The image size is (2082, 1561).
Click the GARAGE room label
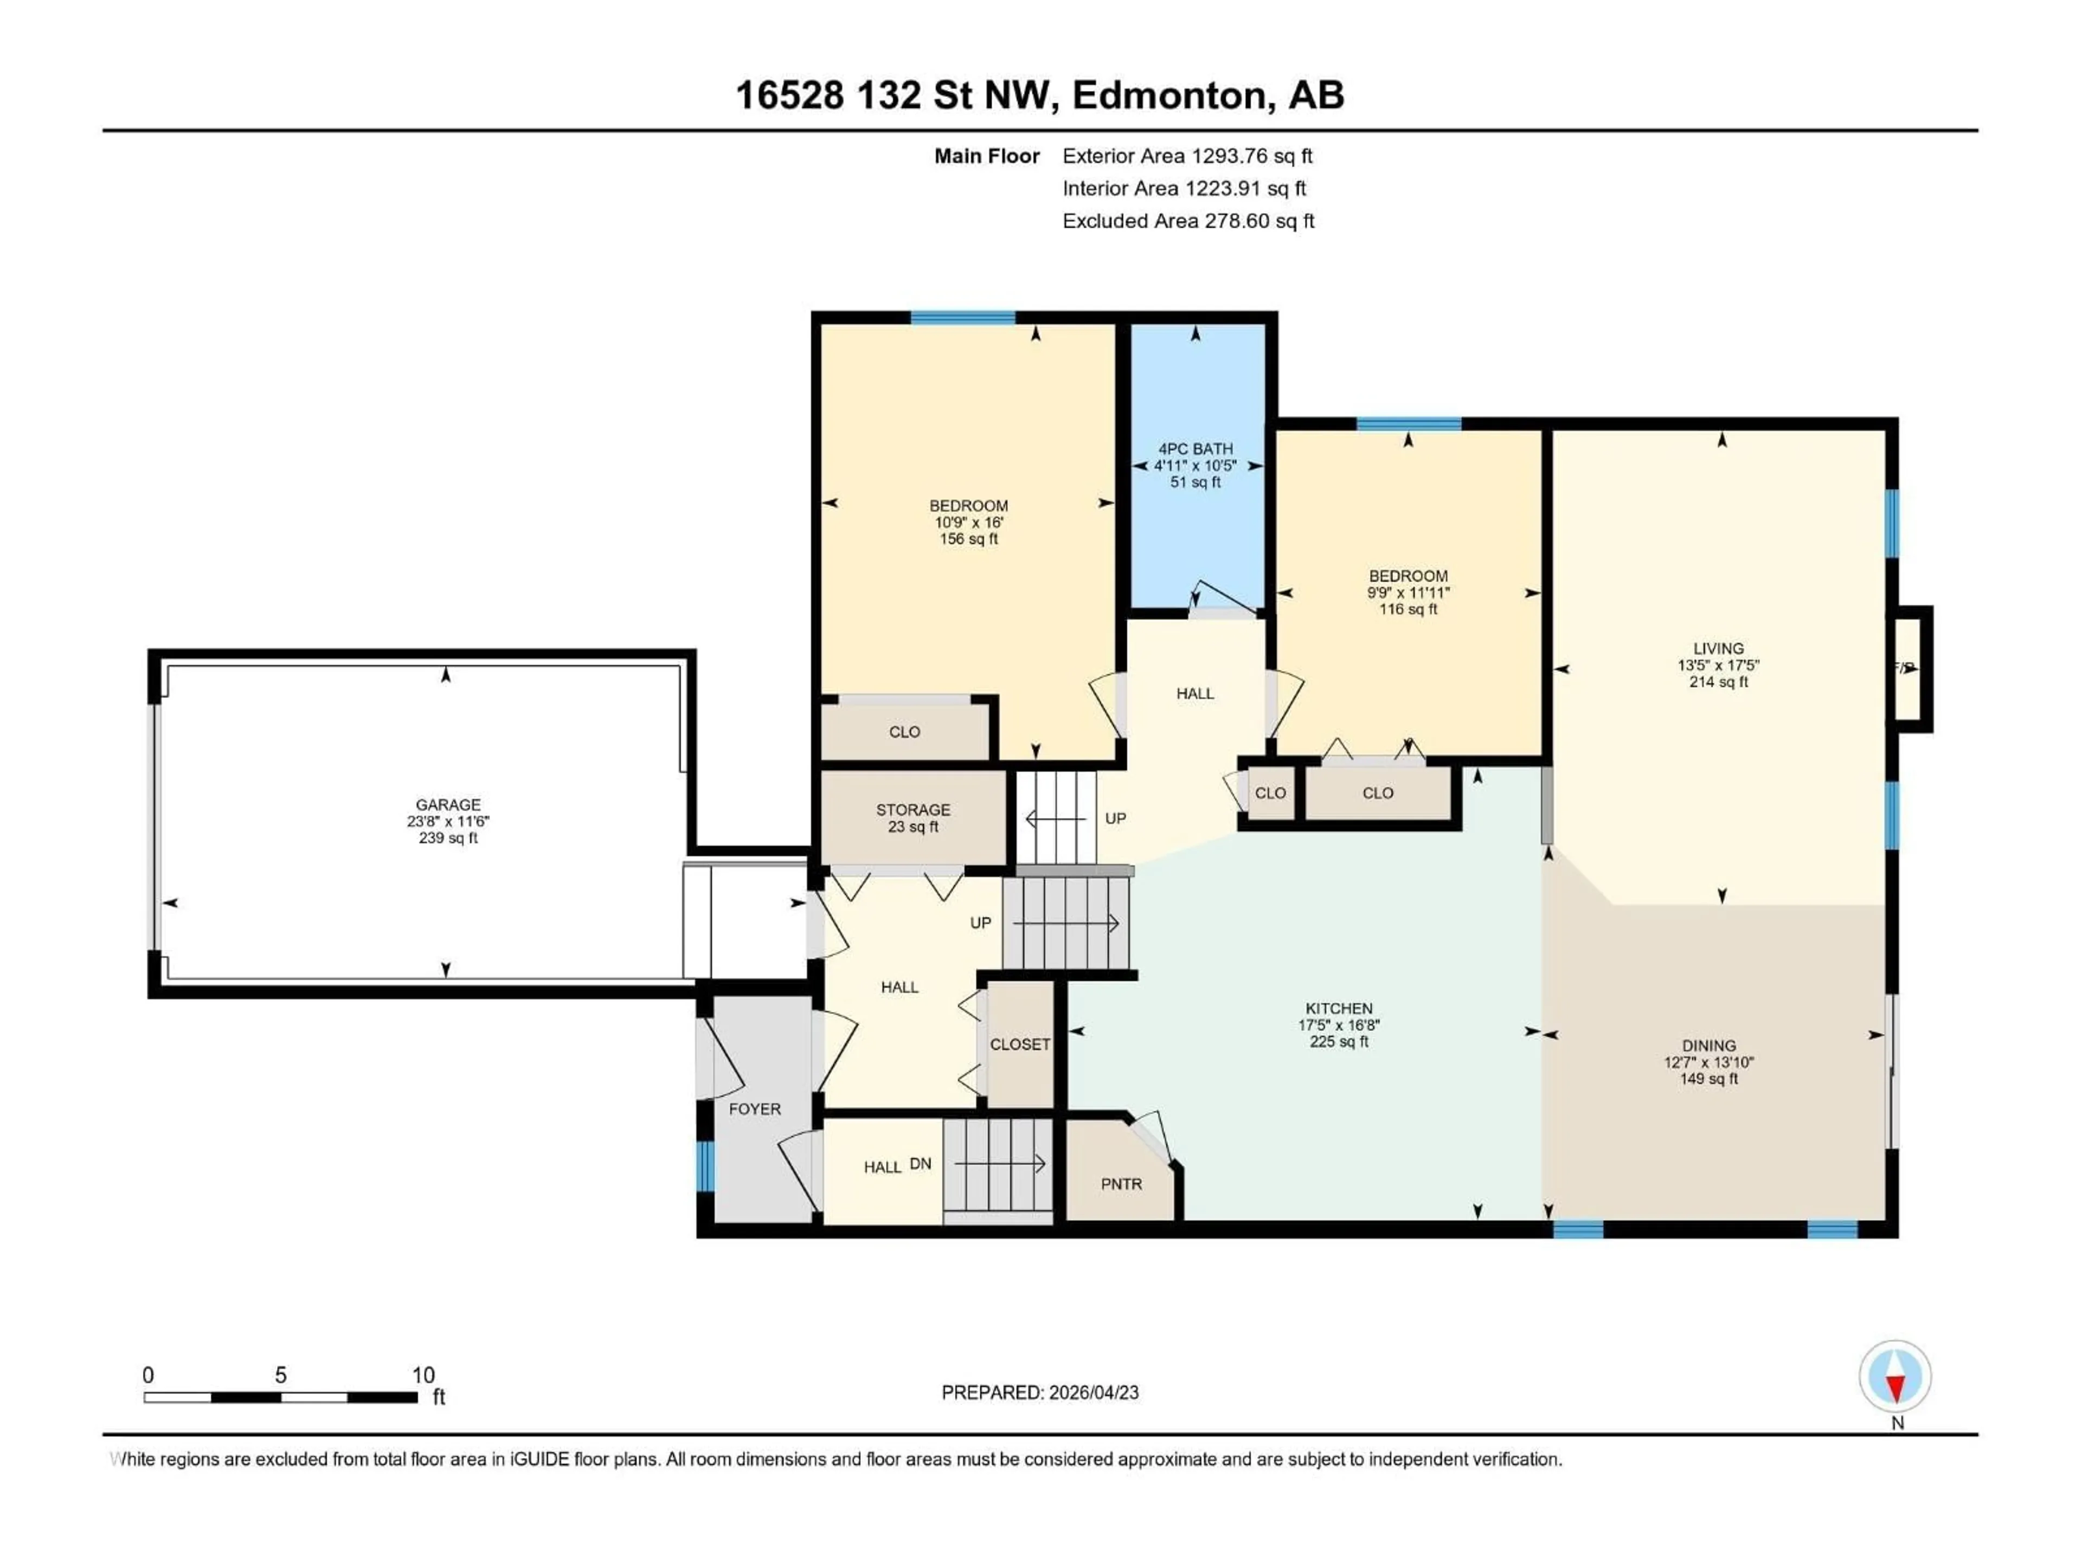tap(448, 804)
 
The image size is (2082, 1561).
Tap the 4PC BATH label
tap(1196, 449)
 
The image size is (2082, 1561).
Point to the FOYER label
tap(755, 1110)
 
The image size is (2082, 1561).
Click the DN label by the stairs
tap(921, 1164)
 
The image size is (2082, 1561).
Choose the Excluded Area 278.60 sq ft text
tap(1188, 221)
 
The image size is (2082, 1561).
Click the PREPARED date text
tap(1040, 1392)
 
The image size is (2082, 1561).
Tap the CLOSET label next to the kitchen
tap(1020, 1044)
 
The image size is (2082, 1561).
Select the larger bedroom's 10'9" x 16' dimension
tap(968, 522)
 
